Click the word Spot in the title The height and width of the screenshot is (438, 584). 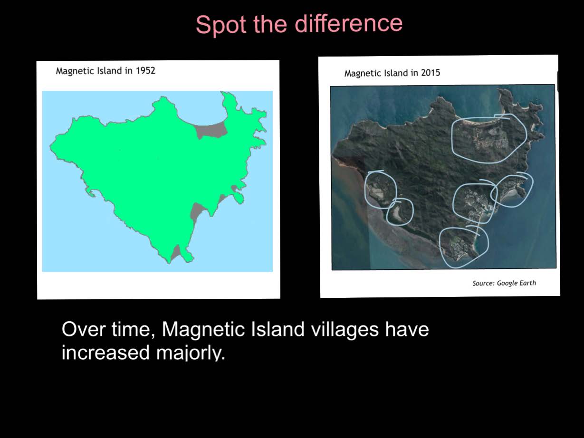coord(221,25)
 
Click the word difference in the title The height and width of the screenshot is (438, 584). coord(348,23)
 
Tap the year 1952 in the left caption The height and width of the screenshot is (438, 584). coord(145,70)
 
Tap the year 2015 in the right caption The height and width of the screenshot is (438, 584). coord(431,73)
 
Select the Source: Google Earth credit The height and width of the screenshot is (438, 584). coord(504,283)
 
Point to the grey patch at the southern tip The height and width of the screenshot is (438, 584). coord(176,252)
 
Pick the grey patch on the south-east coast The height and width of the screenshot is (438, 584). coord(196,210)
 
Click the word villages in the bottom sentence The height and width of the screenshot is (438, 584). coord(345,330)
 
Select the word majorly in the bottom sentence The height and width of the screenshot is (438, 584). coord(191,353)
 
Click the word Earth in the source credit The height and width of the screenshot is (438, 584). coord(527,283)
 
